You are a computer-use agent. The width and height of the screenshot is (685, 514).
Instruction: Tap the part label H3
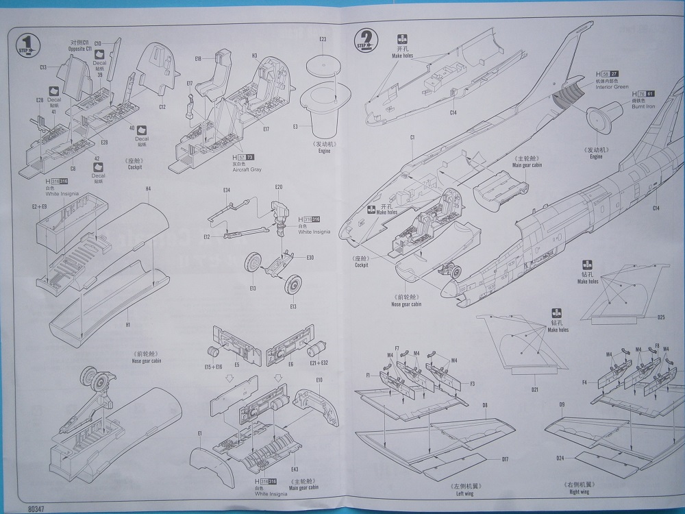(254, 56)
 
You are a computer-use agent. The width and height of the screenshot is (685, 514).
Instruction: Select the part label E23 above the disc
(323, 39)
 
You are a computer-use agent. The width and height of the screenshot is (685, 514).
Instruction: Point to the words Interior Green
(612, 87)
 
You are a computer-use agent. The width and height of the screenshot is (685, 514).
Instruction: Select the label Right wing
(578, 491)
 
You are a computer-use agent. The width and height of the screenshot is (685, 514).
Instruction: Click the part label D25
(661, 317)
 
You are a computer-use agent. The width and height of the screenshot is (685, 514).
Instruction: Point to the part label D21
(535, 390)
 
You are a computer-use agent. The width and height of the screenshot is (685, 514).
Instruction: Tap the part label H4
(149, 188)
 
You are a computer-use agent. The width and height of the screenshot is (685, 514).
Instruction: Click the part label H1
(128, 323)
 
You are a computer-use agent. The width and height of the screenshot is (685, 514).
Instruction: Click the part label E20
(279, 187)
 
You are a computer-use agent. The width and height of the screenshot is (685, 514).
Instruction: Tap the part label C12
(162, 106)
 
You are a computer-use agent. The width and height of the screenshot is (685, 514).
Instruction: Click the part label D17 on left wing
(504, 458)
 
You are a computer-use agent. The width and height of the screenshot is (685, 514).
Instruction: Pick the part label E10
(319, 380)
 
